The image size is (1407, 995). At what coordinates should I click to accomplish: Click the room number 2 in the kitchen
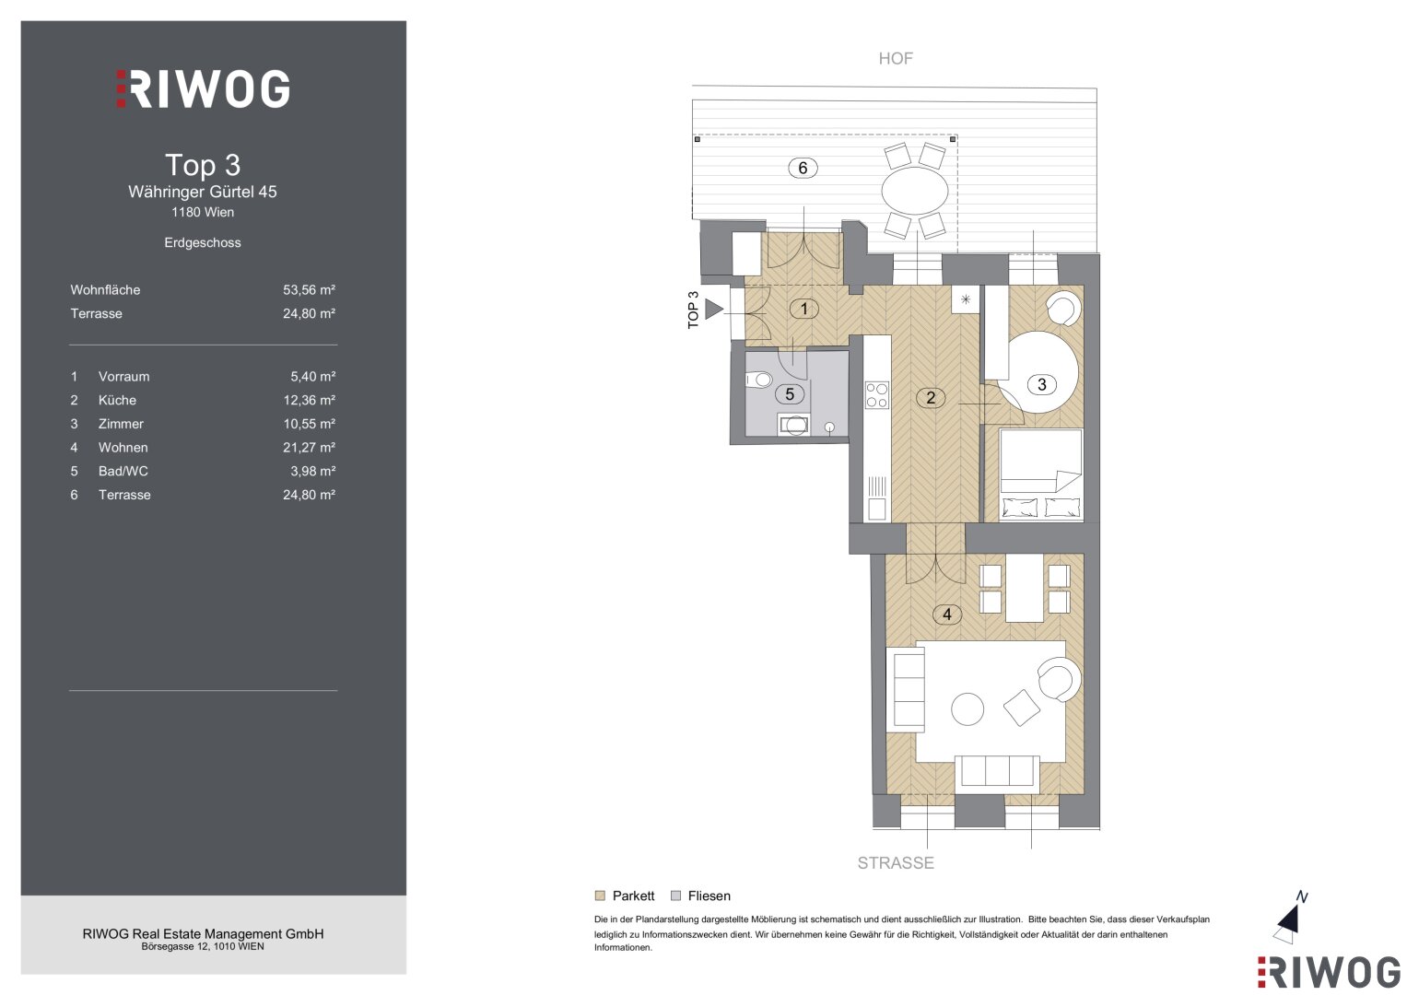(931, 398)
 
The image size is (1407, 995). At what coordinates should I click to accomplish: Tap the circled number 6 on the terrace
(803, 169)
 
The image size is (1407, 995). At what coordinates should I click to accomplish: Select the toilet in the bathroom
(759, 380)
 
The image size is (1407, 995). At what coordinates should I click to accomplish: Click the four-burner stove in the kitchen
(877, 395)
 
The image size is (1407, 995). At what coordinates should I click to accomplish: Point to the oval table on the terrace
(915, 191)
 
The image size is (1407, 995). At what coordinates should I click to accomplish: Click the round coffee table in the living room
(967, 709)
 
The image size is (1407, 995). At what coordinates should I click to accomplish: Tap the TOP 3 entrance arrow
(713, 309)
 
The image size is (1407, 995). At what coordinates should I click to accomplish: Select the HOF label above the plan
(895, 58)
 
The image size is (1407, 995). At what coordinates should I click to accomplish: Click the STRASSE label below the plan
(896, 863)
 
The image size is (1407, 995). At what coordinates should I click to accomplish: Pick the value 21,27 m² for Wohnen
(309, 447)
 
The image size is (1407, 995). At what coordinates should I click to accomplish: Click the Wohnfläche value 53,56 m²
(309, 289)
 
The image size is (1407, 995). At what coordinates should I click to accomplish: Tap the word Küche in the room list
(117, 400)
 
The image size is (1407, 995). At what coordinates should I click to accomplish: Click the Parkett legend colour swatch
(600, 895)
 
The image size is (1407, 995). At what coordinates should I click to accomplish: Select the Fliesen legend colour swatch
(676, 895)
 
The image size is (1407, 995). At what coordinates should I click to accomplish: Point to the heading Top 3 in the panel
(203, 165)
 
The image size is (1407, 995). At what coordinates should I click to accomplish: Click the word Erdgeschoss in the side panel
(203, 242)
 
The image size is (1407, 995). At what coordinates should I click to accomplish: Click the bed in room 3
(1041, 474)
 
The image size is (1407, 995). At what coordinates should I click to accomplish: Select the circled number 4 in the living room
(946, 615)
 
